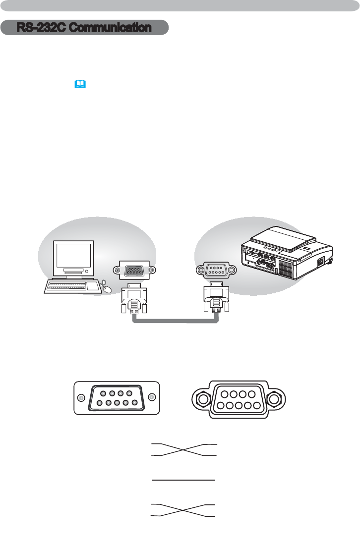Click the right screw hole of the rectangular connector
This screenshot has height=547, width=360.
tap(151, 397)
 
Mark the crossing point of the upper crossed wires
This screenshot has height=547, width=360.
tap(183, 449)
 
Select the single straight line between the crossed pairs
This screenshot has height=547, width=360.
tap(183, 480)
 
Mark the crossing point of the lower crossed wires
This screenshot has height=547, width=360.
tap(183, 510)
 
